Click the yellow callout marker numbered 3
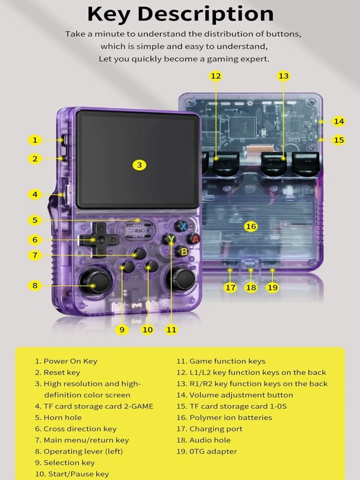tap(139, 165)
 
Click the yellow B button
tap(183, 251)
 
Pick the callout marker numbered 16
tap(251, 226)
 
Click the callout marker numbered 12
tap(216, 76)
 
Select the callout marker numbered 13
tap(284, 76)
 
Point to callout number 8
tap(35, 285)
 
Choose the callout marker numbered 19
tap(273, 288)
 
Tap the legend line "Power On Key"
tap(70, 361)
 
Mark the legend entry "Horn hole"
tap(62, 418)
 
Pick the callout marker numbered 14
tap(339, 121)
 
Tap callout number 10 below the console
tap(147, 329)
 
